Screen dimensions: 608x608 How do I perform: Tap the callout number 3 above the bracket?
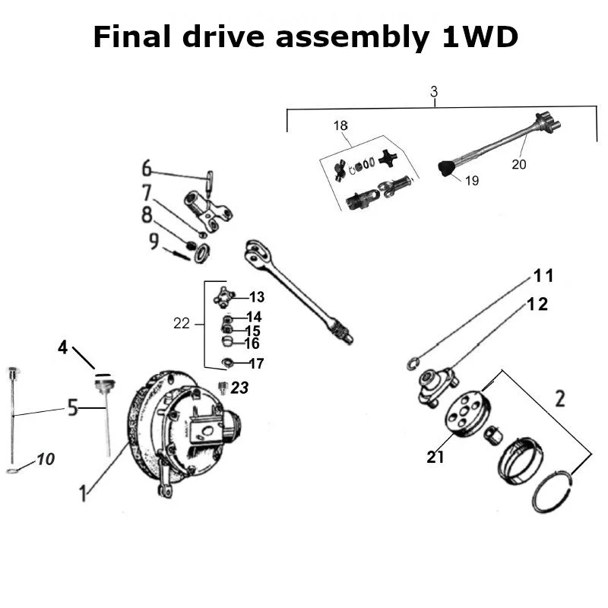pos(434,92)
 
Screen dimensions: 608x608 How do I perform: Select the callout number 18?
pos(340,125)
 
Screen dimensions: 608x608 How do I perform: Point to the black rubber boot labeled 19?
pos(445,167)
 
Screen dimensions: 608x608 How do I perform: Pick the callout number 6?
pos(147,168)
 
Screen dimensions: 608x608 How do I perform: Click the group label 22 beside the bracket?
pos(181,323)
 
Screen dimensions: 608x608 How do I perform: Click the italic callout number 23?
pos(239,388)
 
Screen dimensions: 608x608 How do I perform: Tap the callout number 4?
pos(63,349)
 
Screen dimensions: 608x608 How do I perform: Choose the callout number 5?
pos(73,408)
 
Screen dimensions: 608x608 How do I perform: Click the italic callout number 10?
pos(45,460)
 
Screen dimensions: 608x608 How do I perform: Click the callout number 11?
pos(543,275)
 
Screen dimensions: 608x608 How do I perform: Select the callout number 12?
pos(537,304)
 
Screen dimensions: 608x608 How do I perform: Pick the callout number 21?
pos(435,457)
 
